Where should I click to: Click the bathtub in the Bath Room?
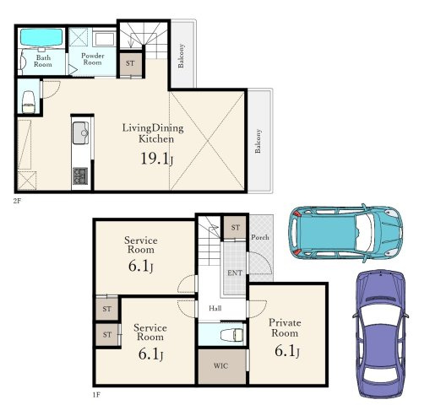click(41, 36)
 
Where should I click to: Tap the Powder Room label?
click(92, 59)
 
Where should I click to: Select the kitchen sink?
click(80, 133)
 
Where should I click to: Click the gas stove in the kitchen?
click(80, 175)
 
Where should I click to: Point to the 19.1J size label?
click(157, 159)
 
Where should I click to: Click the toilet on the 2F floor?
click(28, 102)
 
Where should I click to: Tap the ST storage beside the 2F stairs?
click(130, 63)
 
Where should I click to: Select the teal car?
click(345, 233)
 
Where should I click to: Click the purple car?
click(381, 333)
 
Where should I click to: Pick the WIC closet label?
click(220, 366)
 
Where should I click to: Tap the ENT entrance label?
click(235, 273)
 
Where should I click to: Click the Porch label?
click(260, 237)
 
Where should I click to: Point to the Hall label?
click(215, 308)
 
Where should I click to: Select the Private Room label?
click(285, 327)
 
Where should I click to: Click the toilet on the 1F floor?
click(231, 334)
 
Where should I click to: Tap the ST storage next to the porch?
click(235, 227)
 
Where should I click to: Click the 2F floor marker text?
click(17, 201)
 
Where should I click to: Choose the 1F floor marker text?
click(96, 395)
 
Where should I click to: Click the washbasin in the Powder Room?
click(104, 39)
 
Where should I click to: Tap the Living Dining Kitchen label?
click(153, 133)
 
